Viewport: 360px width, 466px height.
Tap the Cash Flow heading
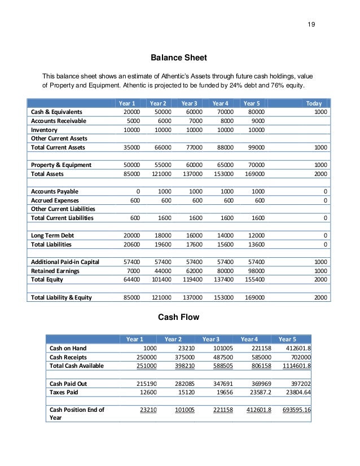point(178,317)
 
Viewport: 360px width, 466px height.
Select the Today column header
point(314,103)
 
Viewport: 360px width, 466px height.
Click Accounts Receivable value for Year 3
point(195,121)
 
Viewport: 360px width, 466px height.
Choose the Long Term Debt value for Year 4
point(226,235)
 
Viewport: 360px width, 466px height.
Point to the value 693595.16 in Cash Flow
point(295,410)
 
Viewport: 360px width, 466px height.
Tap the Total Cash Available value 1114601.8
point(295,366)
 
